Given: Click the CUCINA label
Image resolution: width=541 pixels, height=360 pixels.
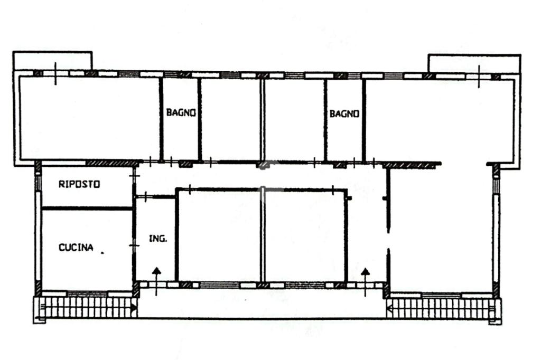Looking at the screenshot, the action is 76,247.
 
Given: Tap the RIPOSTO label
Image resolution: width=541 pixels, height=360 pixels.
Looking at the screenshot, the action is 79,184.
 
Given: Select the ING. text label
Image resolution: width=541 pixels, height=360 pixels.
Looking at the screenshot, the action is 158,238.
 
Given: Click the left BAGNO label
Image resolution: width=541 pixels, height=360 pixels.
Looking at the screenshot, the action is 181,112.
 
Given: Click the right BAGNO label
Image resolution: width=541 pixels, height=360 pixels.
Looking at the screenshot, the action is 344,114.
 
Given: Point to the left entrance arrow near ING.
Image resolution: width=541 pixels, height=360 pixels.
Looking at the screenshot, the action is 156,281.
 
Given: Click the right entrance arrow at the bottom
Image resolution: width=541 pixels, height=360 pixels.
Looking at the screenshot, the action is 366,282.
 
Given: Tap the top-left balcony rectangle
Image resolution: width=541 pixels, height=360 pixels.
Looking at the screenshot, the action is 52,61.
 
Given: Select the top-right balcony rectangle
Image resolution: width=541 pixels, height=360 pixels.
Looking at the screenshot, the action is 474,64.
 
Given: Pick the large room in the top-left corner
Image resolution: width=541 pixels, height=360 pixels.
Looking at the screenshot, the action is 90,118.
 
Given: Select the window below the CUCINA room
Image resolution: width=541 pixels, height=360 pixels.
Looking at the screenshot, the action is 87,294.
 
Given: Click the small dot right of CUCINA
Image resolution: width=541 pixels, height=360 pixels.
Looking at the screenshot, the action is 102,253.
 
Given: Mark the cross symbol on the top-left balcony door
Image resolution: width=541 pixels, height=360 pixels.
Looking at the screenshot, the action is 55,73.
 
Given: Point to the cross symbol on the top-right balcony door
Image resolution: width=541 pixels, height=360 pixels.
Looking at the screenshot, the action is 479,77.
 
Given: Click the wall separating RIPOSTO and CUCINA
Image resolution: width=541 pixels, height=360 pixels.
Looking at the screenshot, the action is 87,209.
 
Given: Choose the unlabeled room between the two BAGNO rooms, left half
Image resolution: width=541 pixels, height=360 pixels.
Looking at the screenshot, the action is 230,119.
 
